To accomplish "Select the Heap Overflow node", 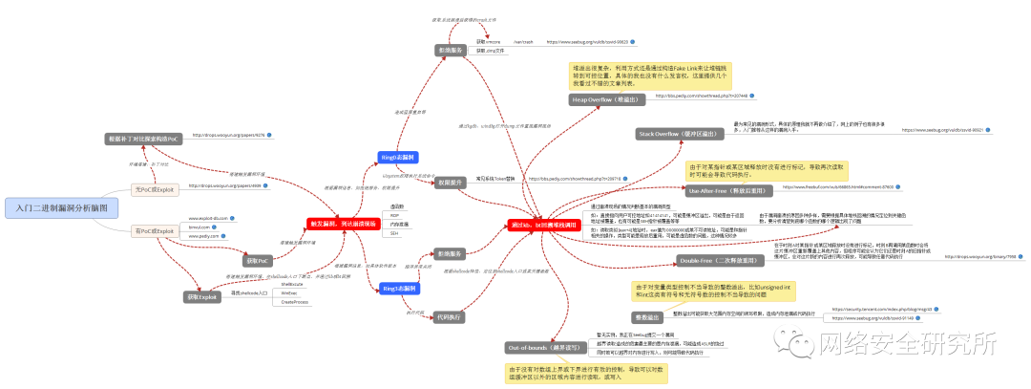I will [x=606, y=98].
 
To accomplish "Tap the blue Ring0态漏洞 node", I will [x=400, y=157].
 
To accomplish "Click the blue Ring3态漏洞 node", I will [x=400, y=288].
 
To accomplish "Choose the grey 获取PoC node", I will [x=252, y=260].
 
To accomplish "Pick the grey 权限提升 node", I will [x=449, y=181].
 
